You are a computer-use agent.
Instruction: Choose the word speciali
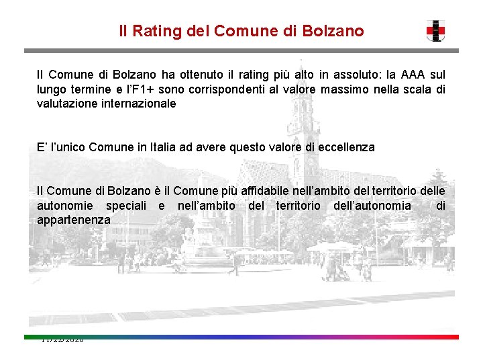126,205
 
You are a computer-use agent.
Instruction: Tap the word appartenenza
73,220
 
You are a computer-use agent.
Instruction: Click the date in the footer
62,340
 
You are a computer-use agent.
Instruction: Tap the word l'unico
66,147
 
